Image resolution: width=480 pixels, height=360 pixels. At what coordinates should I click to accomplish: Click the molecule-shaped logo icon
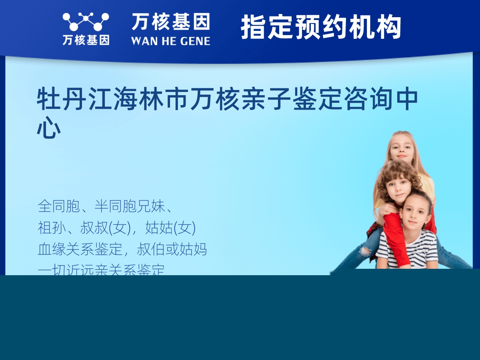(x=86, y=22)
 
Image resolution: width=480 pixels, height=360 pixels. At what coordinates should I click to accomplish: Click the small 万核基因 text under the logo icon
(x=86, y=40)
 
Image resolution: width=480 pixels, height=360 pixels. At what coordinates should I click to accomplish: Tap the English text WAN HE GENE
(x=170, y=41)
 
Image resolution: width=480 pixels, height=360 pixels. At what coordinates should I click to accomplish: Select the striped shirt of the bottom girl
(x=416, y=250)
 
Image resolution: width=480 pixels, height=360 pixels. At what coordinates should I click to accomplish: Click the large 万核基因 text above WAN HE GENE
(x=170, y=22)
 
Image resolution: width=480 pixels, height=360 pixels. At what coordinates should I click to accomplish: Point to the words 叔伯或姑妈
(x=172, y=249)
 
